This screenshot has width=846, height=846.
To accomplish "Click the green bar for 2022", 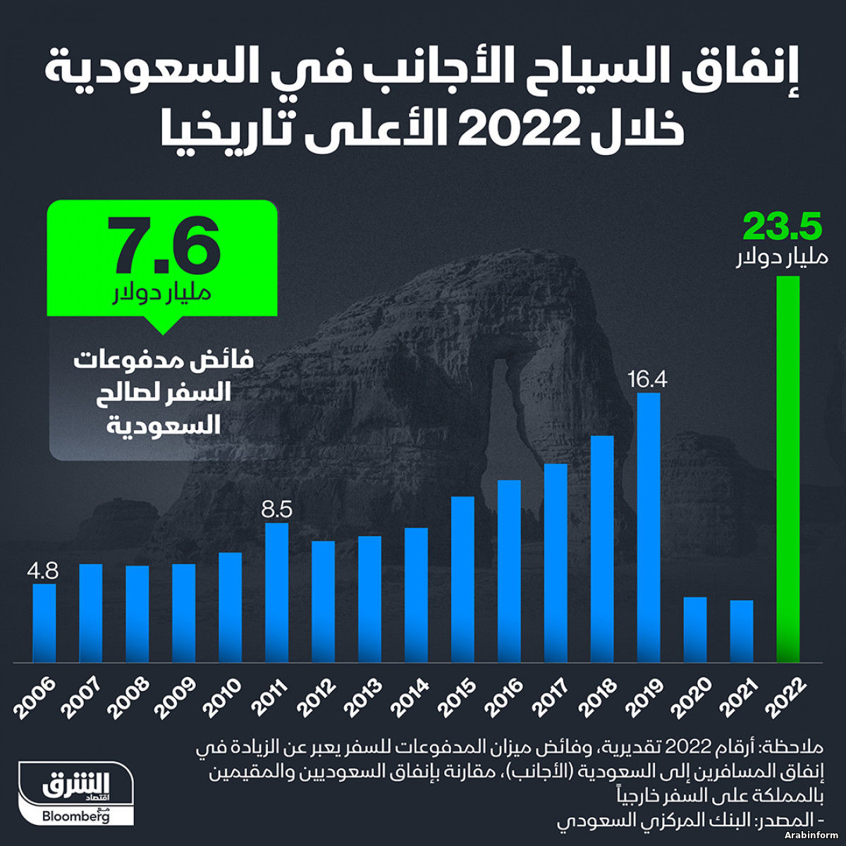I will (787, 469).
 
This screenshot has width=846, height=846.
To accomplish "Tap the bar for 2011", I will (277, 592).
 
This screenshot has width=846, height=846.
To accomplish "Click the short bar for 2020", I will (694, 630).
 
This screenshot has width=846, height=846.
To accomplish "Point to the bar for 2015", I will (462, 580).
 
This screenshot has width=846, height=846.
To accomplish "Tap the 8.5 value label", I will (276, 509).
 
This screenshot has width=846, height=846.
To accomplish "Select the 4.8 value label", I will (43, 570).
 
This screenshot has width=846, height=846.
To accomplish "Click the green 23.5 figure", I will (783, 228).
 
